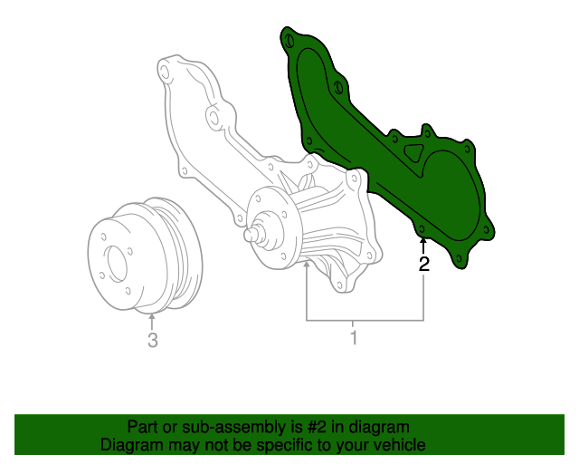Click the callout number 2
pyautogui.click(x=424, y=265)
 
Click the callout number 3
pyautogui.click(x=153, y=340)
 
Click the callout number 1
pyautogui.click(x=354, y=337)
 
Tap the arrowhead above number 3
pyautogui.click(x=152, y=316)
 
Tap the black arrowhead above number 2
pyautogui.click(x=423, y=241)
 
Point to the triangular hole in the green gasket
pyautogui.click(x=414, y=151)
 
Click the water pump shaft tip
pyautogui.click(x=250, y=234)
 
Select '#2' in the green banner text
pyautogui.click(x=317, y=427)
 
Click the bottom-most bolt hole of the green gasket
pyautogui.click(x=459, y=258)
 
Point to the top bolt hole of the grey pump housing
pyautogui.click(x=165, y=72)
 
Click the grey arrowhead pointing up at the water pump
pyautogui.click(x=307, y=265)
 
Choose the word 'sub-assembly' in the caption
pyautogui.click(x=234, y=428)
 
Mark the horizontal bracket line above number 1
pyautogui.click(x=365, y=320)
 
